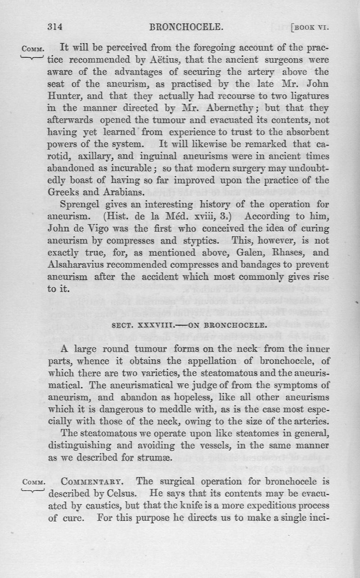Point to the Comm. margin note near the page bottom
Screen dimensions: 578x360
31,481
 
